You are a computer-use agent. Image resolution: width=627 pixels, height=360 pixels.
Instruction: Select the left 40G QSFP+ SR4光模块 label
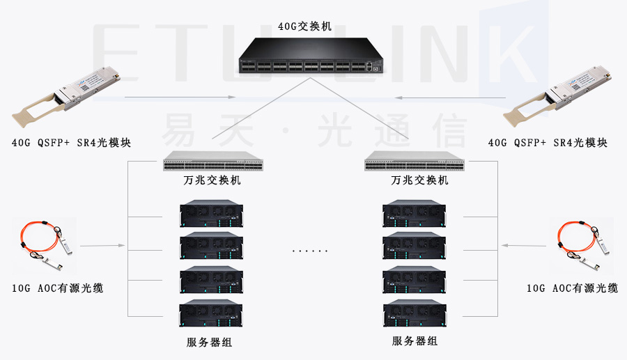71,143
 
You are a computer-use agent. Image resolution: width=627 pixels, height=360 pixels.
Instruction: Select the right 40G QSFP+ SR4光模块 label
548,143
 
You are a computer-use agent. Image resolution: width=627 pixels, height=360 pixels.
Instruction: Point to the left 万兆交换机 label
212,180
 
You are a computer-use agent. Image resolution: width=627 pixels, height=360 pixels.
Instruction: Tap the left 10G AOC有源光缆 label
58,288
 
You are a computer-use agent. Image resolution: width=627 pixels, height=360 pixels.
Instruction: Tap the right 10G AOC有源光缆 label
572,288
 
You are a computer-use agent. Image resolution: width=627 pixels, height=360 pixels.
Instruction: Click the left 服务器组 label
210,342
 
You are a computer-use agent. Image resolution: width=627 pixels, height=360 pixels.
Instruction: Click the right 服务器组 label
415,341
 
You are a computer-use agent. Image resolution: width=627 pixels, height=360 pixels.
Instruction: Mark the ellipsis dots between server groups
310,250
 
